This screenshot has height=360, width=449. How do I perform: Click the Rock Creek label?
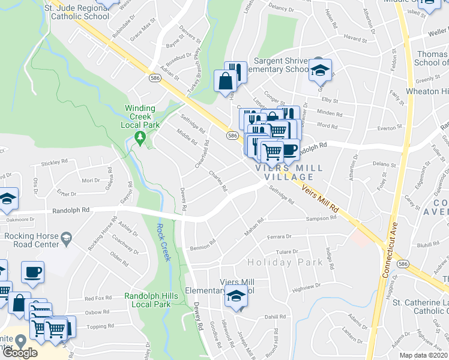[x=163, y=242]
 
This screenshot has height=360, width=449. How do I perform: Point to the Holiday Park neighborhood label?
[x=286, y=262]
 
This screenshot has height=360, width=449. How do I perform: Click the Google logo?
[x=20, y=352]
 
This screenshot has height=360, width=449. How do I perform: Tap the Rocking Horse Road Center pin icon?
[x=65, y=239]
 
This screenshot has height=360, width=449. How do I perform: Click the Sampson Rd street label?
[x=321, y=218]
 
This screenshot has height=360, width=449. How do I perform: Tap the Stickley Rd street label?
[x=55, y=162]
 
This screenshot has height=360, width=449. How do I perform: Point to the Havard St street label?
[x=355, y=38]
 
